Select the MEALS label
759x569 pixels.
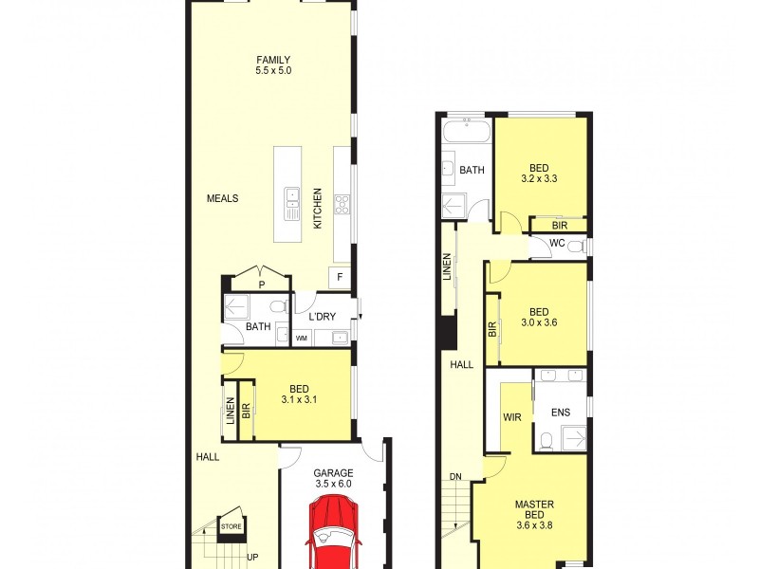coord(222,198)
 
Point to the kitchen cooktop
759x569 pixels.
coord(342,203)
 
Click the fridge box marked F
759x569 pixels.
coord(340,276)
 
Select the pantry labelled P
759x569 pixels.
coord(261,283)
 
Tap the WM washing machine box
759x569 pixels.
coord(302,337)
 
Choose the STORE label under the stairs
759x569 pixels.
coord(231,527)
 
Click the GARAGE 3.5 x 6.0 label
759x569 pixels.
coord(332,477)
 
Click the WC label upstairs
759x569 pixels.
coord(558,244)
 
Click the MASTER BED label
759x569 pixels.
coord(534,509)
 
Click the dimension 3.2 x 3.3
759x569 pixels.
coord(538,176)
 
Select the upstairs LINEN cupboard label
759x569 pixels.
coord(446,267)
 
